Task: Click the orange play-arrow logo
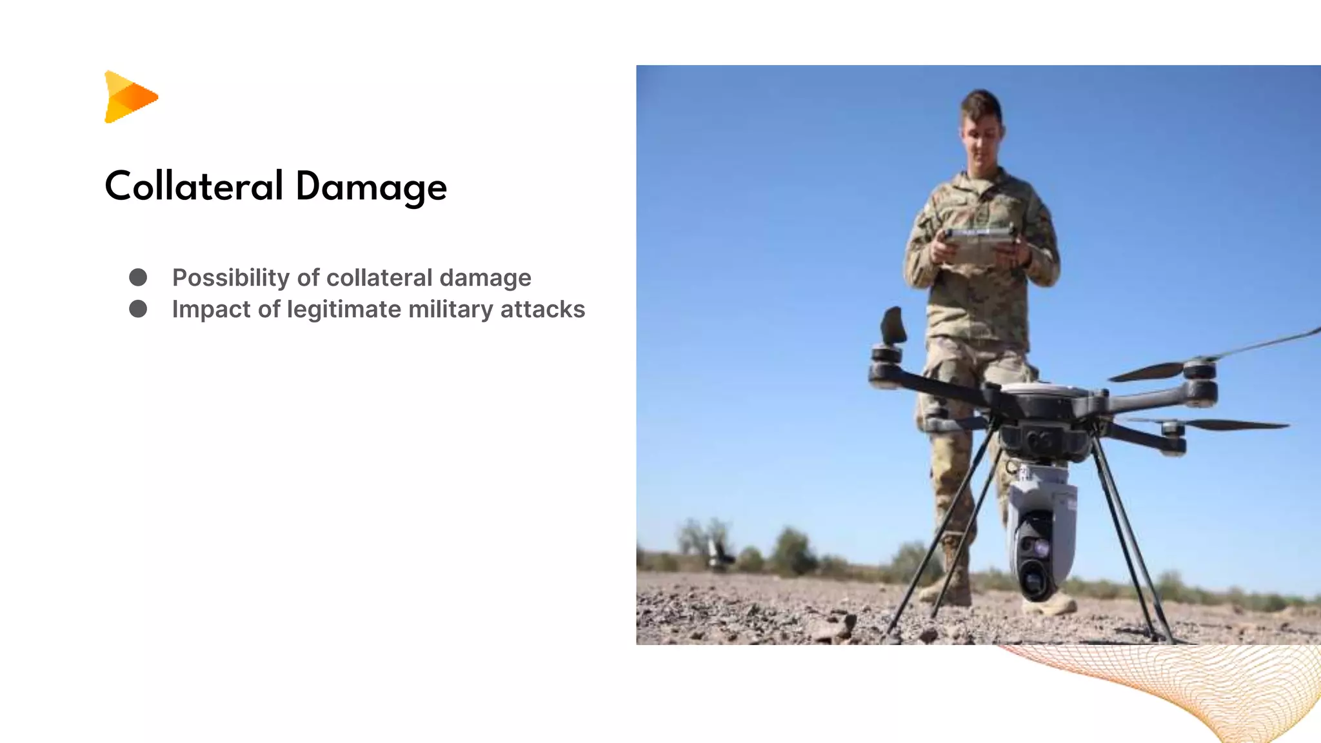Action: pyautogui.click(x=130, y=97)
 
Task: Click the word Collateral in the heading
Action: pyautogui.click(x=194, y=186)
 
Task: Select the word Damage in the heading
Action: pyautogui.click(x=371, y=188)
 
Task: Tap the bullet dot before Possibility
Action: pyautogui.click(x=138, y=277)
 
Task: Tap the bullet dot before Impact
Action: pyautogui.click(x=138, y=309)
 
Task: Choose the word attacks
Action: pyautogui.click(x=542, y=310)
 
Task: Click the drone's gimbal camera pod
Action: pyautogui.click(x=1040, y=529)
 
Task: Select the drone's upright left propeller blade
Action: pyautogui.click(x=893, y=325)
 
